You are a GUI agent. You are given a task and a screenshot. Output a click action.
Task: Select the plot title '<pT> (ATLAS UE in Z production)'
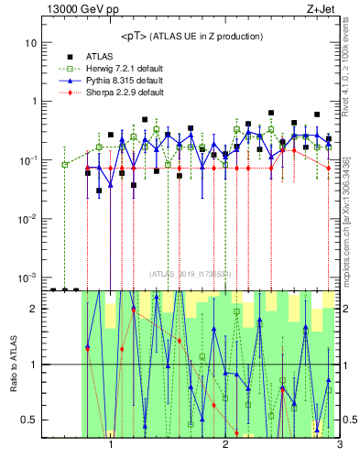click(191, 37)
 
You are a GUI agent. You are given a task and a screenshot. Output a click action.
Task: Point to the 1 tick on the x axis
click(111, 446)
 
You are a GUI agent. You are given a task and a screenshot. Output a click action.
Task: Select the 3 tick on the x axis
click(338, 446)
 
